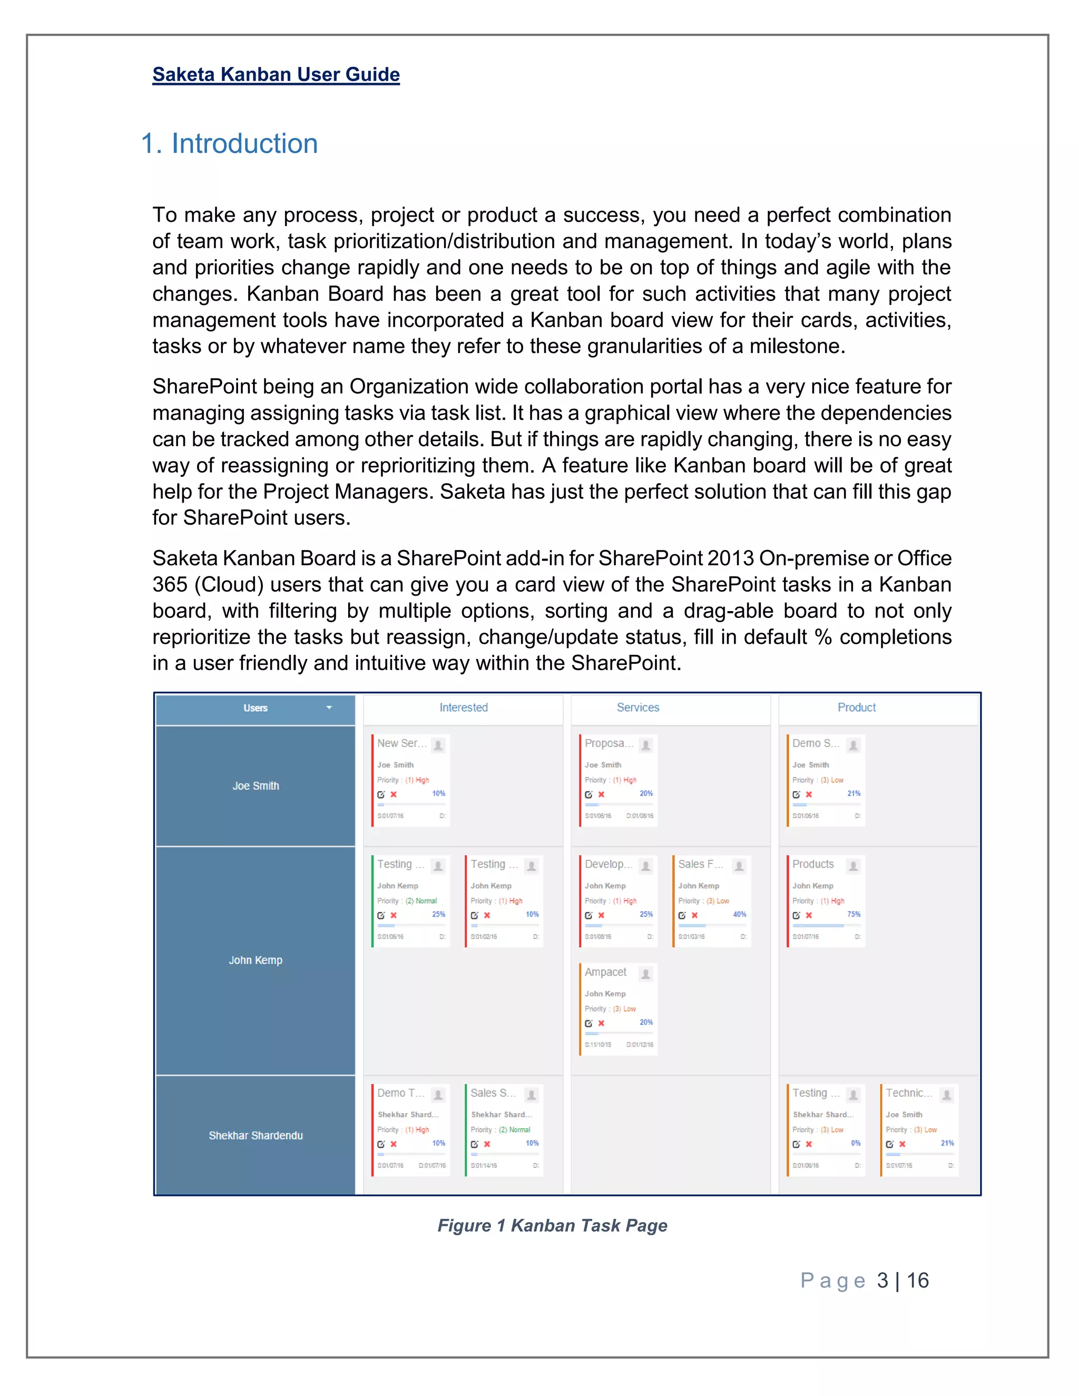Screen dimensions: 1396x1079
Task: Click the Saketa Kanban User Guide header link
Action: click(x=276, y=75)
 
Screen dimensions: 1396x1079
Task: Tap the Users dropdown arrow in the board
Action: click(x=329, y=707)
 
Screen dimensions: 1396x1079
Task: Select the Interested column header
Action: click(x=464, y=707)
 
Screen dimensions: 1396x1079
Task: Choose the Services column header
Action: click(x=637, y=707)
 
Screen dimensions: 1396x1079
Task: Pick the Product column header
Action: click(x=856, y=707)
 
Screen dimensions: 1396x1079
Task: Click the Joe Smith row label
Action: click(x=256, y=785)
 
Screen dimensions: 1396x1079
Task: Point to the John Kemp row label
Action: click(x=256, y=960)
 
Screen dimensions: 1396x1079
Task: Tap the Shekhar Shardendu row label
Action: click(x=256, y=1135)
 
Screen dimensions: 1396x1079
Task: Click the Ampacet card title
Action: click(x=605, y=972)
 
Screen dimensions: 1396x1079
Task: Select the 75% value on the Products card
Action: click(x=854, y=915)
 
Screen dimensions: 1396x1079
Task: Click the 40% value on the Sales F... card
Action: click(x=740, y=915)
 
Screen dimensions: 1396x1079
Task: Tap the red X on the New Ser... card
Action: click(x=394, y=794)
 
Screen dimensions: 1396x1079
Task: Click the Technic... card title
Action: click(x=909, y=1093)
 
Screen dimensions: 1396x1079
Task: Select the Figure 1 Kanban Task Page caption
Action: click(x=552, y=1225)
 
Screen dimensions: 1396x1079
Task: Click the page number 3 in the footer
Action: click(x=882, y=1280)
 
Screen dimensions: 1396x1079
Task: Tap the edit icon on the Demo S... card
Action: click(x=796, y=794)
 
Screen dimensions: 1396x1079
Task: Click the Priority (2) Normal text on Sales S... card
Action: click(x=501, y=1129)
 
